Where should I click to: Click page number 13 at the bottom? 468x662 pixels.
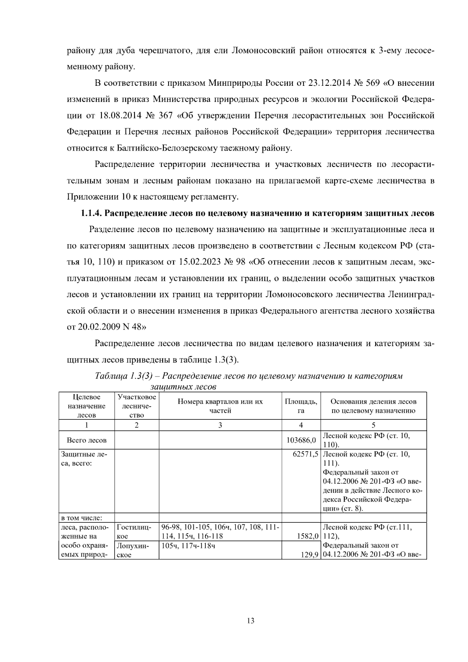pyautogui.click(x=250, y=621)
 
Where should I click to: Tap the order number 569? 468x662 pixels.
pyautogui.click(x=375, y=83)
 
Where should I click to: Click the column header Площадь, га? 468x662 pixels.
pyautogui.click(x=301, y=406)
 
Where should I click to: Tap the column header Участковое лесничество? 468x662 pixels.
pyautogui.click(x=136, y=406)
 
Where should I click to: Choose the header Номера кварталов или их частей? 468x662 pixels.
pyautogui.click(x=220, y=406)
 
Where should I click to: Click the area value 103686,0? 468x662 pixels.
pyautogui.click(x=301, y=440)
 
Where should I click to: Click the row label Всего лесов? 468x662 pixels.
pyautogui.click(x=87, y=440)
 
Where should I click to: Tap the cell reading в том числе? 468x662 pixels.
pyautogui.click(x=82, y=518)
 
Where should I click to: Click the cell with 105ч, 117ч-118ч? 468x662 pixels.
pyautogui.click(x=188, y=545)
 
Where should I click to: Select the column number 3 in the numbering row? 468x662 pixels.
pyautogui.click(x=220, y=425)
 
